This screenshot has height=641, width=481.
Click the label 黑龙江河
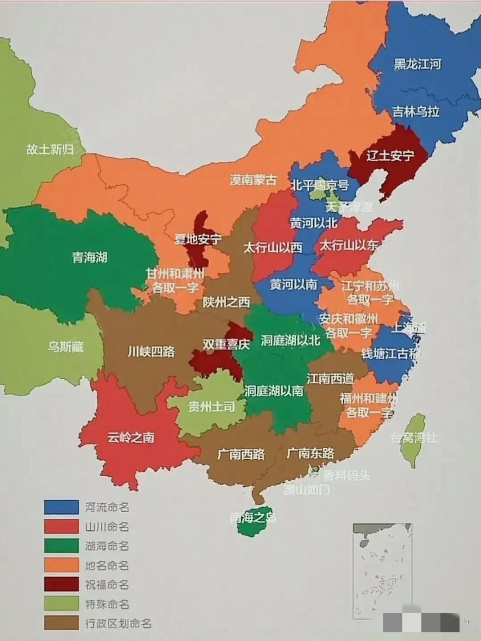(417, 65)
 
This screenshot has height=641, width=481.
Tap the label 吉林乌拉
(415, 112)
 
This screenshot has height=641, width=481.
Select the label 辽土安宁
(390, 156)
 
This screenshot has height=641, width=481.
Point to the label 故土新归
(50, 149)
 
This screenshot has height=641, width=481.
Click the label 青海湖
(90, 258)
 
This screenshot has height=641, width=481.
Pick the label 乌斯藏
(66, 347)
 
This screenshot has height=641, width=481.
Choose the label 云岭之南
(131, 438)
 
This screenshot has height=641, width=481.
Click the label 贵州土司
(211, 407)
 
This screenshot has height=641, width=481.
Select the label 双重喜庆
(226, 345)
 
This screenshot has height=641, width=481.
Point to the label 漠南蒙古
(253, 180)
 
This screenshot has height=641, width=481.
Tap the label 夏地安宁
(198, 239)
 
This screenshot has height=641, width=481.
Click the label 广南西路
(241, 455)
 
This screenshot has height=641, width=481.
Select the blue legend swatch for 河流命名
(62, 507)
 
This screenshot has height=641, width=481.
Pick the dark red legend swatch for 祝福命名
(62, 584)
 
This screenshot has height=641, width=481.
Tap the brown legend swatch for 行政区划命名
(62, 623)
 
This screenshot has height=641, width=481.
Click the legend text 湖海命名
(107, 546)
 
